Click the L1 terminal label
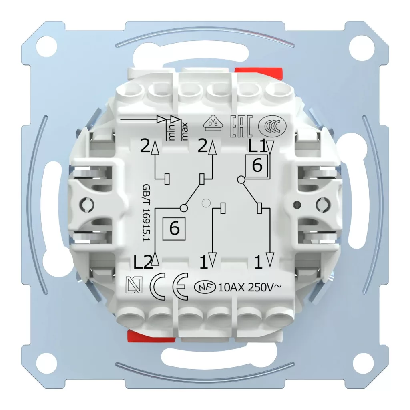point(257,147)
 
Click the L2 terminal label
point(143,263)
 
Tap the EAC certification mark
point(241,126)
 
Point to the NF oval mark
point(205,287)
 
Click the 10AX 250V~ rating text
point(250,287)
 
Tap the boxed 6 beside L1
point(257,165)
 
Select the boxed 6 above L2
point(174,229)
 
